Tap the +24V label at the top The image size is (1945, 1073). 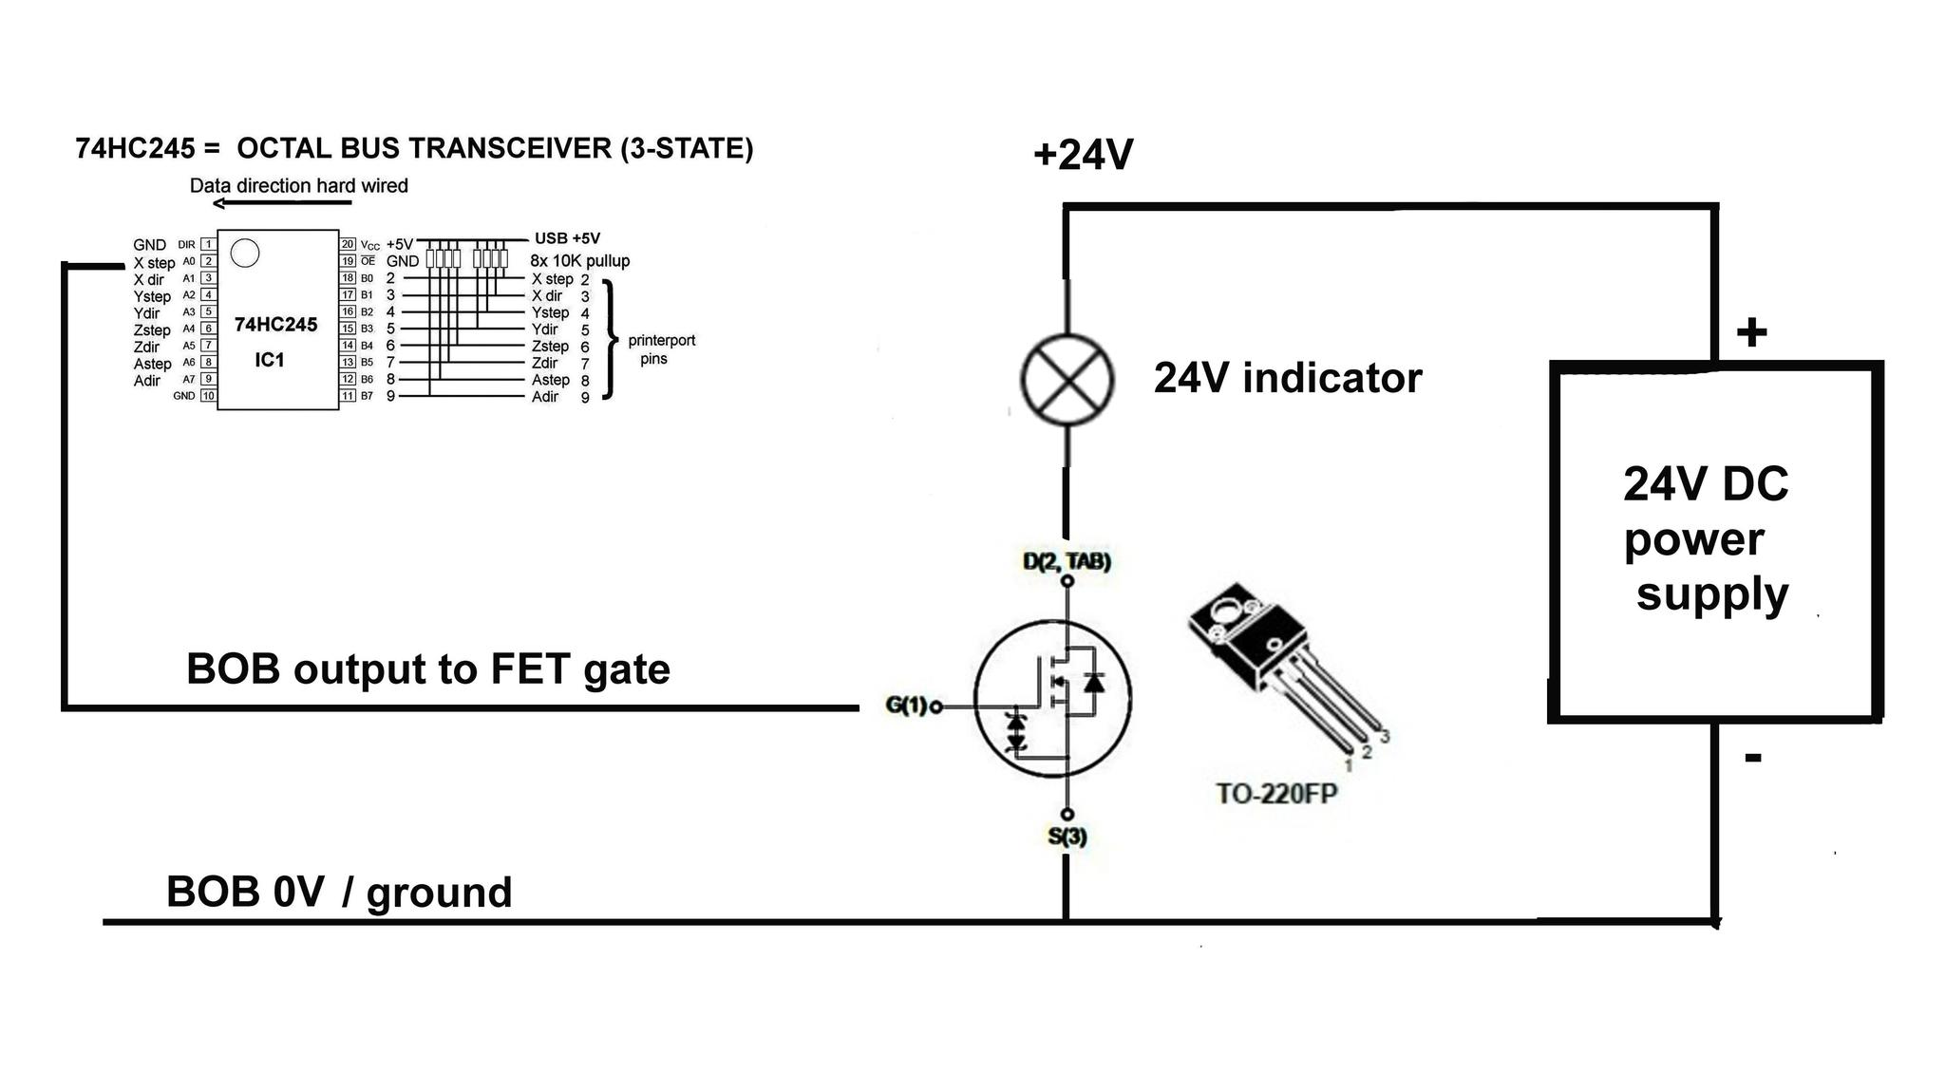click(x=1084, y=155)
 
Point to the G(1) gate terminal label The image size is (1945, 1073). click(x=907, y=706)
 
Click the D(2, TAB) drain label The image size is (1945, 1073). click(x=1067, y=561)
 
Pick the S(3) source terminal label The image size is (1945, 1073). click(x=1067, y=837)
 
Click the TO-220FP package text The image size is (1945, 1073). click(x=1276, y=793)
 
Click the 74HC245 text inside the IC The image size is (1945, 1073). click(x=275, y=325)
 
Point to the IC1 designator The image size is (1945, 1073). click(x=270, y=360)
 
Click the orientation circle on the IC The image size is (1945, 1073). click(x=245, y=254)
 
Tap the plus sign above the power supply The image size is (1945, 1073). click(x=1751, y=332)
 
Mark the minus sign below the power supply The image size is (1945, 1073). click(x=1753, y=758)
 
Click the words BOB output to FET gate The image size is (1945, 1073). click(x=428, y=669)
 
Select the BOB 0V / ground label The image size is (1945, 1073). click(x=339, y=893)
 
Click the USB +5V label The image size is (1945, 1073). click(x=567, y=238)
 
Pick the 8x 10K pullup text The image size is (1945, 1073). click(x=579, y=261)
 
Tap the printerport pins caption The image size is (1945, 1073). click(x=661, y=349)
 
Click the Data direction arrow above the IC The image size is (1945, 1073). click(x=281, y=203)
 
